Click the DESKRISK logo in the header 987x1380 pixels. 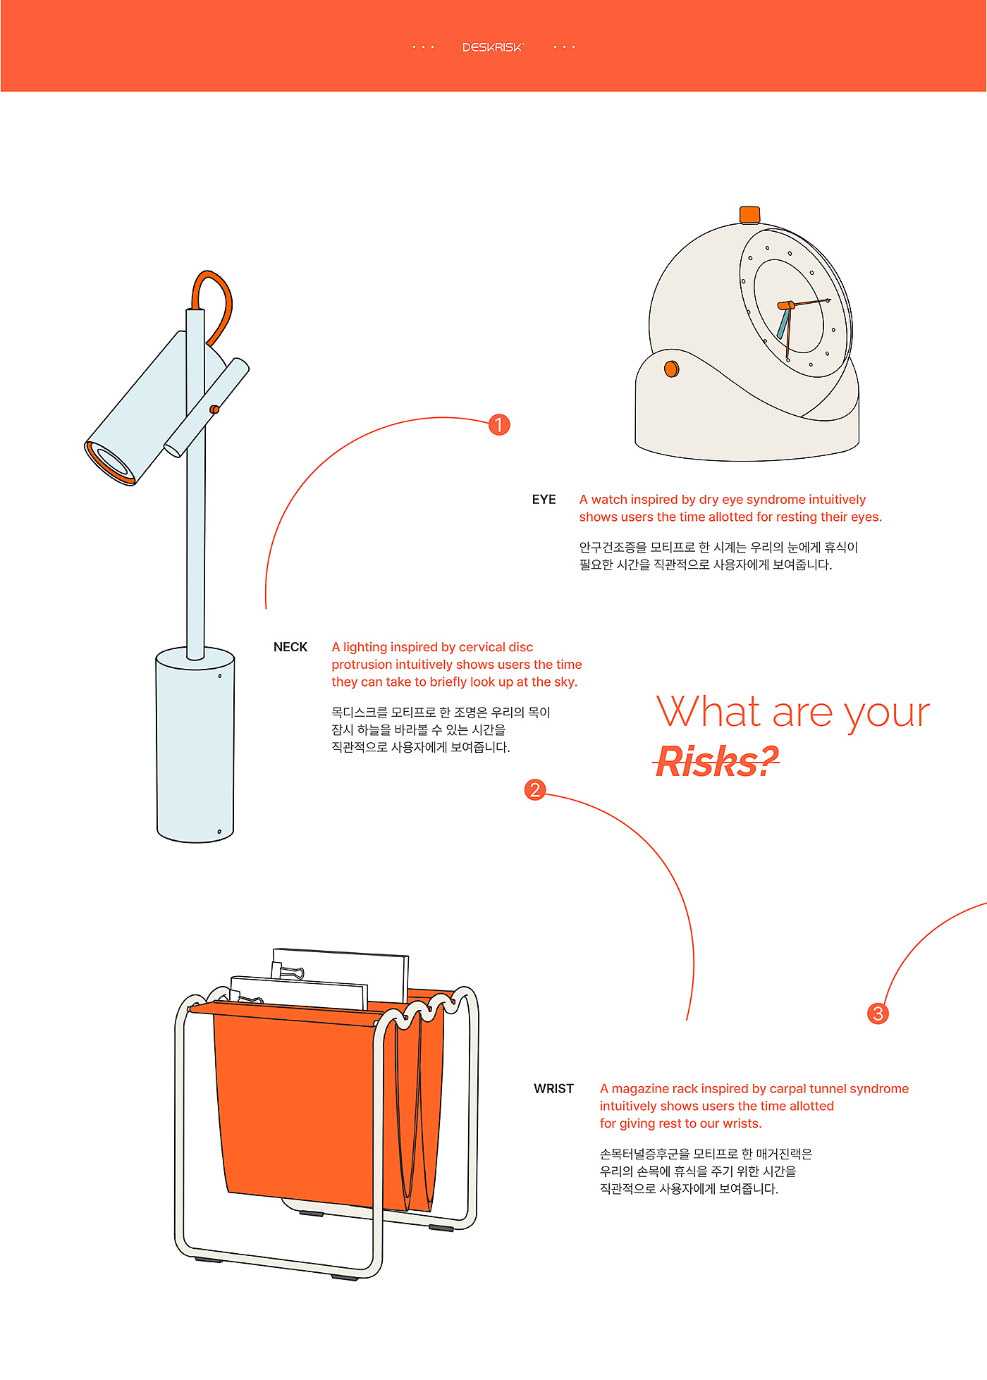(x=493, y=47)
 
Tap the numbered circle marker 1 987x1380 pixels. (x=499, y=425)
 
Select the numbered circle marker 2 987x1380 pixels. (x=535, y=789)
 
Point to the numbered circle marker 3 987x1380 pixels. (x=878, y=1014)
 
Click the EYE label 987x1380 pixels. (x=544, y=500)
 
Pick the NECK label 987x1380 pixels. (x=290, y=647)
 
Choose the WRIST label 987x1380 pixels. (x=554, y=1089)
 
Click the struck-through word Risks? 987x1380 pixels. (x=717, y=762)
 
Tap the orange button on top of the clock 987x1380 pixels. (x=749, y=215)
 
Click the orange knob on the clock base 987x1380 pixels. (x=672, y=369)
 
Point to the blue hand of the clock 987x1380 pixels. (x=783, y=324)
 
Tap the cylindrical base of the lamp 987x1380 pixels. (x=195, y=745)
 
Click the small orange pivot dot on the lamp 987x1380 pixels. (x=214, y=409)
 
